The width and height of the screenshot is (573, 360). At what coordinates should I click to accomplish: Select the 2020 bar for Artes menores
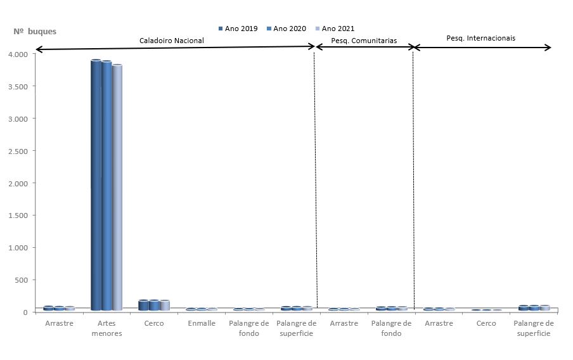106,186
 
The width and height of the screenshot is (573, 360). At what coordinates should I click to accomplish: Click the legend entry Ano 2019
238,29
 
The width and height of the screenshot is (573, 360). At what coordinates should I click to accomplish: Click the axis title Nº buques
35,31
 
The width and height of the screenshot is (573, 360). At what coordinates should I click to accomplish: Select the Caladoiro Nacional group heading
172,41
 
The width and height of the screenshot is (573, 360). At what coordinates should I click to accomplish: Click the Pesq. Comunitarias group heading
364,41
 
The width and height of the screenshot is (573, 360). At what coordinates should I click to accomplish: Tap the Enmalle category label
202,323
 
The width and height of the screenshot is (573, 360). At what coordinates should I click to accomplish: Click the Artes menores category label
106,328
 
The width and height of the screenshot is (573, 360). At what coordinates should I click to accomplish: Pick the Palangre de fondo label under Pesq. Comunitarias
391,328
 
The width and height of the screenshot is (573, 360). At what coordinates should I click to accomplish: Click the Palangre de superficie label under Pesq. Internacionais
534,328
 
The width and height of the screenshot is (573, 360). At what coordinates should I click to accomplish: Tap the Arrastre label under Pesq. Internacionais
439,323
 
